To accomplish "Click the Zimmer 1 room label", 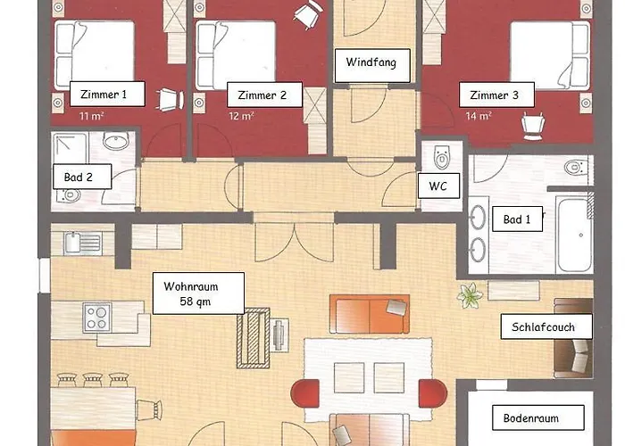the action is point(107,94).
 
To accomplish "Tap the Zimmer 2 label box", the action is point(264,95).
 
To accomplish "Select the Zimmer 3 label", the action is point(496,95).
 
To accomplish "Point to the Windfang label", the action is point(372,66).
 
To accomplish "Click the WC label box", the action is point(438,186).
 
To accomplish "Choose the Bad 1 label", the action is point(517,219).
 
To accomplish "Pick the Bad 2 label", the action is point(82,177).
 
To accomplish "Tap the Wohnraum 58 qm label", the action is point(198,293).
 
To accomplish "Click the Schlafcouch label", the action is point(546,326).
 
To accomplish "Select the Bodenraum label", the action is point(538,417).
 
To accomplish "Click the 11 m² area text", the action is point(92,116).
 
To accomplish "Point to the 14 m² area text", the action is point(479,116).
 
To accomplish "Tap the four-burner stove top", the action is point(96,318).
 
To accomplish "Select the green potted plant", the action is point(471,295).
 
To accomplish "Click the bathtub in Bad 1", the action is point(574,235).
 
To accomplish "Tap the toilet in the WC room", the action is point(442,157).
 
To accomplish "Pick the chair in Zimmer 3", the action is point(533,126).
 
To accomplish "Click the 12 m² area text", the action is point(242,116).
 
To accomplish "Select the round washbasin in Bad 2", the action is point(116,141).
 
